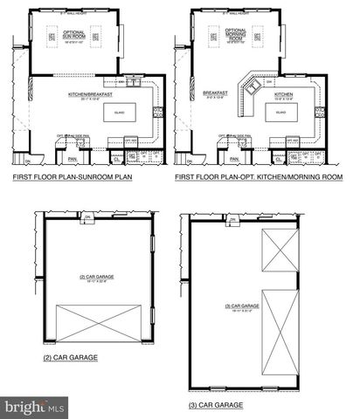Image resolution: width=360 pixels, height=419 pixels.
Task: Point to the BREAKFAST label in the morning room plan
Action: click(215, 93)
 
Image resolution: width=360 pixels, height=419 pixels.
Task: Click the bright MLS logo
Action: click(35, 407)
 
